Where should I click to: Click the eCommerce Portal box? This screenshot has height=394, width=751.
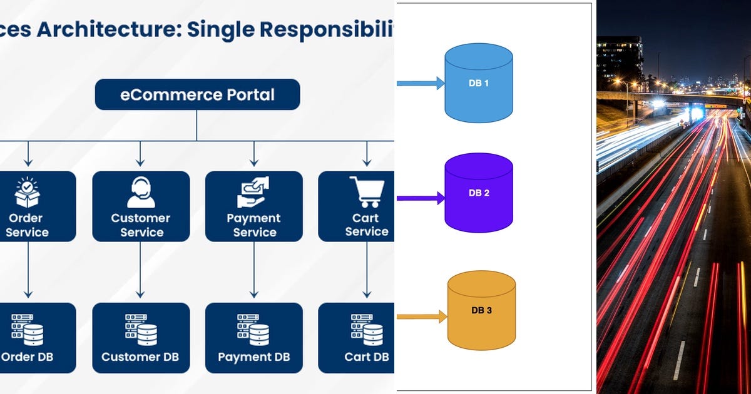pyautogui.click(x=197, y=95)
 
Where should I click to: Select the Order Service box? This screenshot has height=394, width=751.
pyautogui.click(x=31, y=206)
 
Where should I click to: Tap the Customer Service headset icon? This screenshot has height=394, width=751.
pyautogui.click(x=141, y=192)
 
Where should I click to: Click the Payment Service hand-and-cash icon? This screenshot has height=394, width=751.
pyautogui.click(x=253, y=192)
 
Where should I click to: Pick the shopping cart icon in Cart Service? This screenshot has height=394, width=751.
pyautogui.click(x=367, y=192)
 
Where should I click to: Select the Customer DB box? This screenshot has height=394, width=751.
pyautogui.click(x=141, y=338)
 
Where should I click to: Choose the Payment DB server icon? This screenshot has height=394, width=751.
pyautogui.click(x=253, y=330)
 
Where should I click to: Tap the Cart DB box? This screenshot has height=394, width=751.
pyautogui.click(x=357, y=338)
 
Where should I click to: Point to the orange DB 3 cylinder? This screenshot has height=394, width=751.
pyautogui.click(x=481, y=310)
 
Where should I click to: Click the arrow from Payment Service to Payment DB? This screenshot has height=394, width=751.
pyautogui.click(x=253, y=269)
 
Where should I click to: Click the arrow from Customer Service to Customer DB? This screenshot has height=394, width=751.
pyautogui.click(x=140, y=269)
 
